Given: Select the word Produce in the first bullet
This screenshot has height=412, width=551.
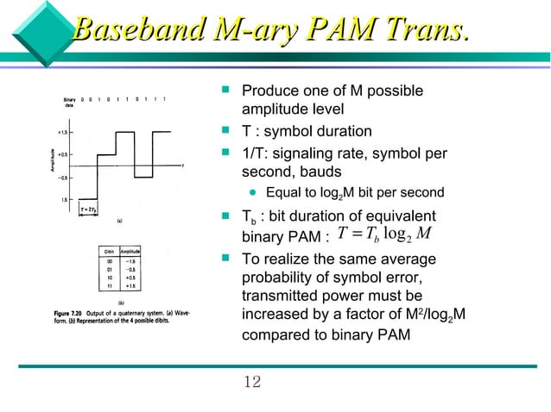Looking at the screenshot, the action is pos(268,91).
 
